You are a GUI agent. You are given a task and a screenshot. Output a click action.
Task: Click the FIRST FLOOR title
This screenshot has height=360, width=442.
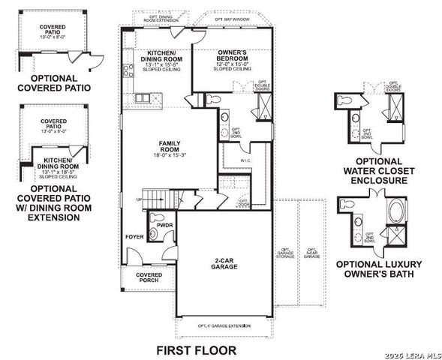point(195,349)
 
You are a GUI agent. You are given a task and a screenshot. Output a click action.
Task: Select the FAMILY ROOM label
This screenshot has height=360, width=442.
point(168,145)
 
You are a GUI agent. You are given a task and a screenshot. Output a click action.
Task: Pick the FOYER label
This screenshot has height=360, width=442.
point(134,238)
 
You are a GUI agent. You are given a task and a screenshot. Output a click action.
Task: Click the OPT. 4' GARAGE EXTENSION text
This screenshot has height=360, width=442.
point(224,325)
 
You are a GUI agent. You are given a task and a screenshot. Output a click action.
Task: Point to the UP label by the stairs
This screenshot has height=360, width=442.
point(138,199)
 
